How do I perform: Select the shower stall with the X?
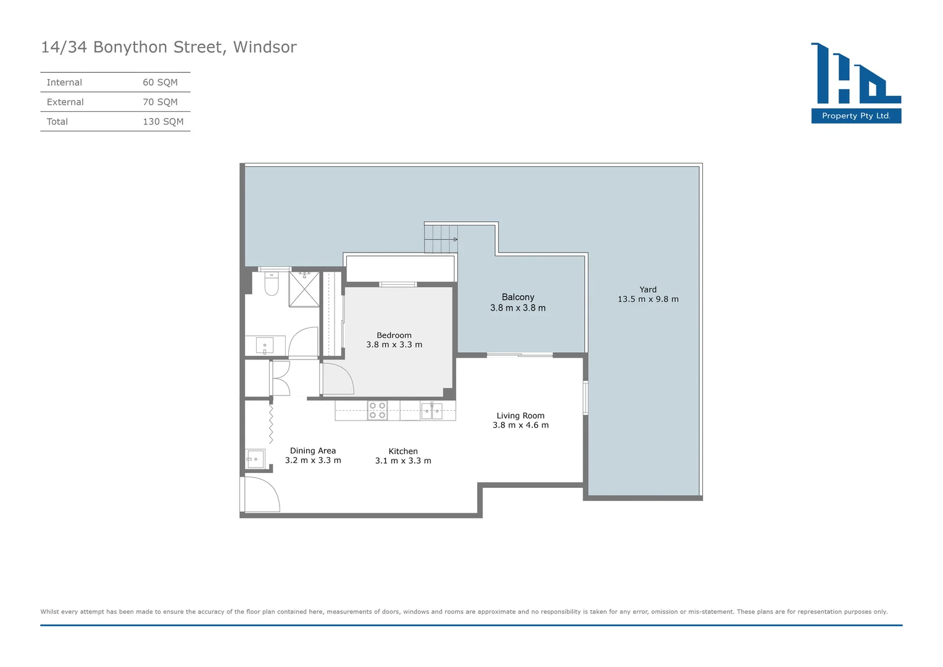(x=304, y=289)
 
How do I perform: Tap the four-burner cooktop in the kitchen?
(x=377, y=411)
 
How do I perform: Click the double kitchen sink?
(x=431, y=411)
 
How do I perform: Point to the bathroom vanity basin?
(x=265, y=345)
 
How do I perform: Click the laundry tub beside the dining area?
(x=255, y=459)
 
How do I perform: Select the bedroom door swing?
(x=337, y=379)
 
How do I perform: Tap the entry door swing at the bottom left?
(x=261, y=495)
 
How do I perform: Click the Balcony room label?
(x=518, y=297)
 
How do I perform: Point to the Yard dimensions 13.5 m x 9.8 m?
(x=648, y=300)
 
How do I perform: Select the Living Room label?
(x=520, y=416)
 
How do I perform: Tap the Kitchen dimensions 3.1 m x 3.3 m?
(x=403, y=461)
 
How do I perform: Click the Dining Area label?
(x=313, y=451)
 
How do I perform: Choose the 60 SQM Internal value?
(x=160, y=83)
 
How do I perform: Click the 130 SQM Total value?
(x=163, y=122)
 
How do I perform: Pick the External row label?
(x=65, y=103)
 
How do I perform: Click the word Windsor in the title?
(x=265, y=48)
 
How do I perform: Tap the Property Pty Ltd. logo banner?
(x=856, y=116)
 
